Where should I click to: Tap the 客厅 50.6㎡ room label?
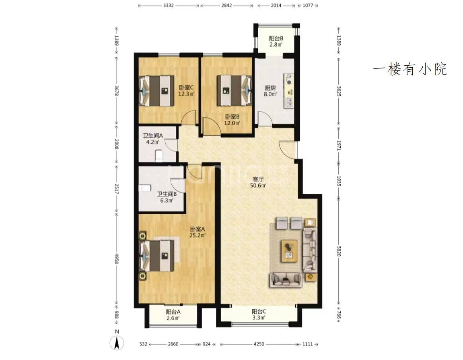point(258,182)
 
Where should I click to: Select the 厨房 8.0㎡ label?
point(270,91)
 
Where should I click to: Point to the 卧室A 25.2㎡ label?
point(197,232)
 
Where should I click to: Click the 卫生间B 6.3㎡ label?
point(167,197)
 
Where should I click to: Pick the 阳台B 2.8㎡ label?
point(276,41)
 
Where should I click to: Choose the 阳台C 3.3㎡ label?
point(259,314)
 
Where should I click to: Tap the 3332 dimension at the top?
point(168,5)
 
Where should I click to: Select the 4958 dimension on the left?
point(116,259)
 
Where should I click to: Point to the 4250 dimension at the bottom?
point(259,344)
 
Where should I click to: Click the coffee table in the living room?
point(289,251)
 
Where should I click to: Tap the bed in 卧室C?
point(156,91)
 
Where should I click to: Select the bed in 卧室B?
point(234,91)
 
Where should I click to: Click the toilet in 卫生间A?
point(158,155)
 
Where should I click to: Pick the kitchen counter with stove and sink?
point(289,91)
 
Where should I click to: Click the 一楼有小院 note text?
point(410,69)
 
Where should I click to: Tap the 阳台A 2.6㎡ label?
point(173,315)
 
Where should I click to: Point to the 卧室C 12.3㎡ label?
point(186,91)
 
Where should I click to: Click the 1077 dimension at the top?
point(308,5)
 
